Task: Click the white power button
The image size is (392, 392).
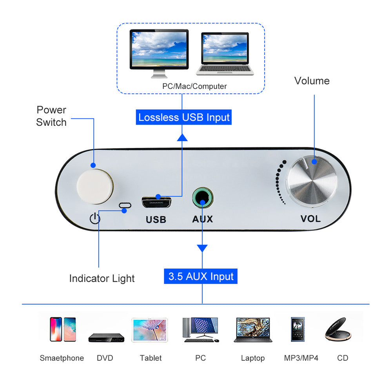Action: tap(95, 186)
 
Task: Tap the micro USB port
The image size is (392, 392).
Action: tap(156, 202)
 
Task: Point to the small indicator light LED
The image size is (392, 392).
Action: tap(125, 205)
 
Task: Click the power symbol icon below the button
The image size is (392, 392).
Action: tap(95, 218)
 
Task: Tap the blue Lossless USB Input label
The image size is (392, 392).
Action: tap(184, 117)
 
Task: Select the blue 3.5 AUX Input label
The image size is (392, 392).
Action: tap(201, 276)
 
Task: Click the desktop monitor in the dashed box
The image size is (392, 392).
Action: tap(159, 53)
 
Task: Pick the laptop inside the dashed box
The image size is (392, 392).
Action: tap(225, 54)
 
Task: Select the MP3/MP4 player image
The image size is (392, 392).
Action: tap(297, 329)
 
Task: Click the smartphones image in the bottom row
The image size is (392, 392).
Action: tap(63, 329)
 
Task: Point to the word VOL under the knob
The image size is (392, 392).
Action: tap(310, 219)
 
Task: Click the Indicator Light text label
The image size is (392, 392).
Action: tap(102, 278)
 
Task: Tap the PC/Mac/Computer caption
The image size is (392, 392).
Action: tap(194, 86)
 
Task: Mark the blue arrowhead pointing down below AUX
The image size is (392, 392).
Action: tap(202, 248)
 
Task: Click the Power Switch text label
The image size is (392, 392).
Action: tap(51, 116)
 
